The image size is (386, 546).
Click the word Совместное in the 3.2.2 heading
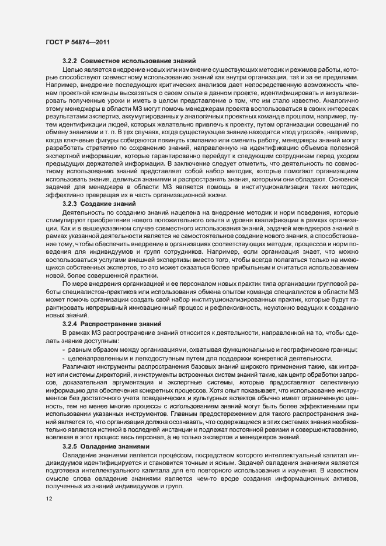pos(99,61)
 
